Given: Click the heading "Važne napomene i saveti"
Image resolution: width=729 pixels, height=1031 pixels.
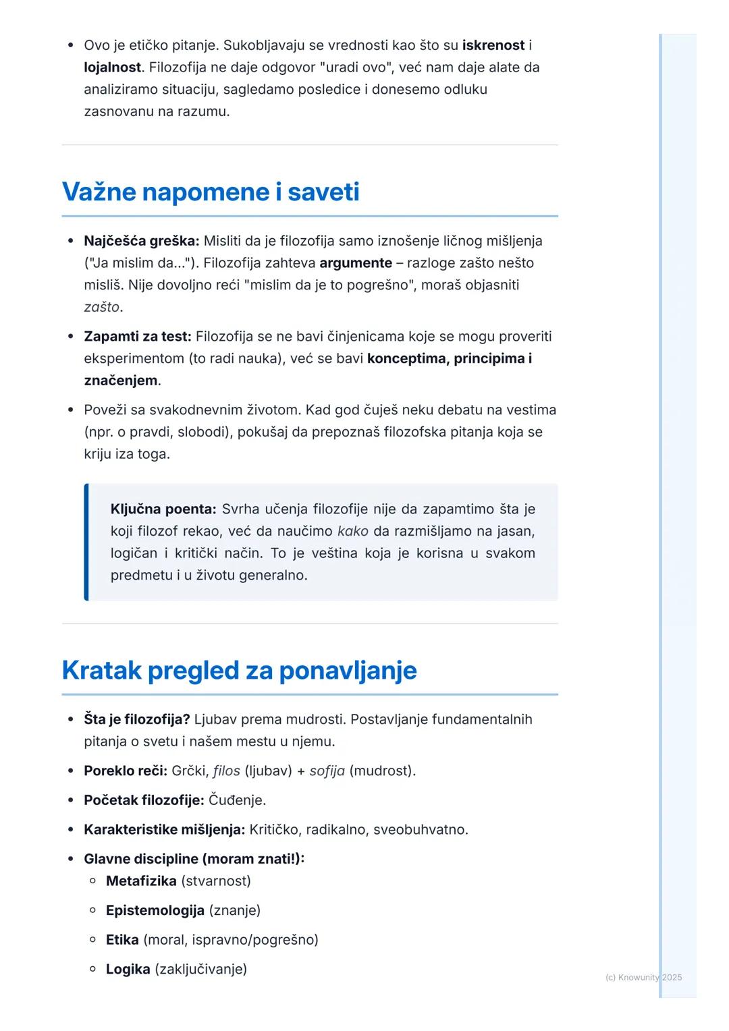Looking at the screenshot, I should click(211, 192).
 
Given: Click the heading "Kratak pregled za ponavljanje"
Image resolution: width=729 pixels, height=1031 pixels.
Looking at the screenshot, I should click(239, 670).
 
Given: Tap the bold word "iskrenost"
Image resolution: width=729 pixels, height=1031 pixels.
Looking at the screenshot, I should click(493, 45).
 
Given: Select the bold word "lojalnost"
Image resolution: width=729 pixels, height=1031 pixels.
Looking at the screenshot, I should click(112, 67).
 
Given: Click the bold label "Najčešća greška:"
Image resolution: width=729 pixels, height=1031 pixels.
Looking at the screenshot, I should click(141, 241).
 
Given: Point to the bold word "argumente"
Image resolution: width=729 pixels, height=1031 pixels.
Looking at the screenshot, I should click(355, 263).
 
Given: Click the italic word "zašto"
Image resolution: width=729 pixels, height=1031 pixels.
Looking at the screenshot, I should click(101, 307).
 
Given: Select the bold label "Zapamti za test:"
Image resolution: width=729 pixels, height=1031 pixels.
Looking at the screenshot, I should click(137, 336).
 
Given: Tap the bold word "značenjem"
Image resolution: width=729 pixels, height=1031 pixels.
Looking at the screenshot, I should click(121, 381).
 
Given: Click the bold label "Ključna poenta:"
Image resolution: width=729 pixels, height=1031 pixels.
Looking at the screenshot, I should click(163, 509).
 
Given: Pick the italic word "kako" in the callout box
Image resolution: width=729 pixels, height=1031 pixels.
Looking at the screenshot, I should click(352, 531).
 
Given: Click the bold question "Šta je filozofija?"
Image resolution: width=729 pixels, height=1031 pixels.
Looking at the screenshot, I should click(136, 719).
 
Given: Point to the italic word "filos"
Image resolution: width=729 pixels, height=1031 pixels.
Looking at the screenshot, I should click(226, 771).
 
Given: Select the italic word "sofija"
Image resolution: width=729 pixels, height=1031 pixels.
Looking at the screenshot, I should click(327, 771).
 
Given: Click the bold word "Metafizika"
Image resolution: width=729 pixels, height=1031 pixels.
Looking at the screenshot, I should click(140, 881).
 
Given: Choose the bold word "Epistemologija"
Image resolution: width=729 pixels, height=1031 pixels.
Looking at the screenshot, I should click(155, 910).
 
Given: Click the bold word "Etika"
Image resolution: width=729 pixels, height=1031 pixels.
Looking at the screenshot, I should click(122, 940).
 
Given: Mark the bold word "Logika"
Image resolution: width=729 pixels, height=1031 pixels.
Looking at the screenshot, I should click(128, 969).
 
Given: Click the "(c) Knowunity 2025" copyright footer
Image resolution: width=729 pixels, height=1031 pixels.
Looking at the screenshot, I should click(643, 977).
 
